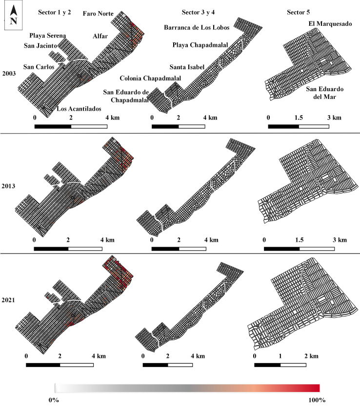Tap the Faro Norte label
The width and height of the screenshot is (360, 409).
click(98, 14)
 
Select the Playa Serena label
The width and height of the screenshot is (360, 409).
click(47, 36)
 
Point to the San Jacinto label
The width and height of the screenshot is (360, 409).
click(40, 46)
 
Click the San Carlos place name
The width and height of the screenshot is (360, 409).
click(39, 67)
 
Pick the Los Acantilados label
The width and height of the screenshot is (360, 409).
click(79, 109)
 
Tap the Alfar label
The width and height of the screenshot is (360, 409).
click(100, 36)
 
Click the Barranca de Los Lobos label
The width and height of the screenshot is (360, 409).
click(197, 27)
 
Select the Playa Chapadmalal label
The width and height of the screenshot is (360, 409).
click(200, 45)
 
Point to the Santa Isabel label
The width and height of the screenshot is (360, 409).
click(187, 67)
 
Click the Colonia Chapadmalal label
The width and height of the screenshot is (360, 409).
click(150, 78)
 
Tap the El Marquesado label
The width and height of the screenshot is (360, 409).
click(330, 24)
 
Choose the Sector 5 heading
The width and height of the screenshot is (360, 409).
click(299, 12)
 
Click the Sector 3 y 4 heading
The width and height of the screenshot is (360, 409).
click(198, 12)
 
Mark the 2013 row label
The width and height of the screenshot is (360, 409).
click(8, 186)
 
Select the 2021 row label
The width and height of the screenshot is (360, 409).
click(8, 300)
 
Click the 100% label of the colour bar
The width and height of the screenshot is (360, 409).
click(317, 400)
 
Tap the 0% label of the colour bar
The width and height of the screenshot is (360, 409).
click(54, 400)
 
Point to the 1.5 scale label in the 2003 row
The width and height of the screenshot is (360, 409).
click(299, 117)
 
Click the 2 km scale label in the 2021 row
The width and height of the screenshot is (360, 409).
click(311, 356)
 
